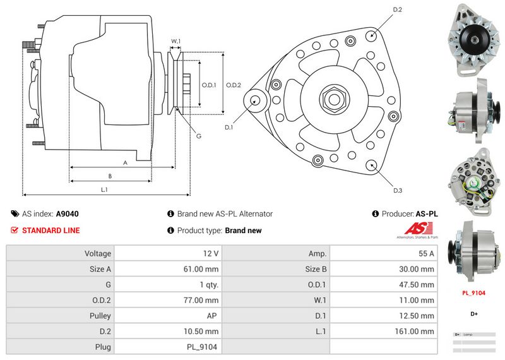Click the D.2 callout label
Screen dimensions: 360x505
tap(398, 9)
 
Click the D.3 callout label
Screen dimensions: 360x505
tap(398, 190)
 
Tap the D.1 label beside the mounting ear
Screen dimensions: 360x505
tap(229, 128)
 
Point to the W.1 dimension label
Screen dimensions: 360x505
tap(176, 42)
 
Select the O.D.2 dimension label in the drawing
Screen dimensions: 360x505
tap(234, 85)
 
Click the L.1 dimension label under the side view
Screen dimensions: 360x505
tap(104, 189)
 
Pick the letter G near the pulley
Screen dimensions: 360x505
tap(198, 136)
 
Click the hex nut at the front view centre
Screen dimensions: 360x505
tap(333, 99)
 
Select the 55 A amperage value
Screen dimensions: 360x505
tap(427, 253)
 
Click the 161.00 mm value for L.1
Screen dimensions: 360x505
tap(418, 331)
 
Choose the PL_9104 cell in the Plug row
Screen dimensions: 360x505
tap(203, 347)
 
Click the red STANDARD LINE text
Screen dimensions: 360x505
tap(50, 231)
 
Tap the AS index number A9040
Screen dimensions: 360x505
tap(68, 214)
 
